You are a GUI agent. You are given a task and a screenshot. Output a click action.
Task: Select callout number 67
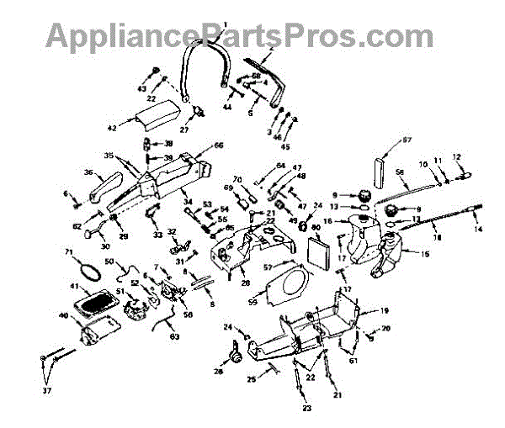407,140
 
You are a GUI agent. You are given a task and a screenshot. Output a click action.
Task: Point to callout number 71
69,252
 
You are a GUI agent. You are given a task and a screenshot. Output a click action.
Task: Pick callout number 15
412,251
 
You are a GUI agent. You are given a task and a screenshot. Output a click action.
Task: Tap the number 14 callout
479,230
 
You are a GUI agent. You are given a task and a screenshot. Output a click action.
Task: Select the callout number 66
219,145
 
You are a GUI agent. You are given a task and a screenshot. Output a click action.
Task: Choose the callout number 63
174,337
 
